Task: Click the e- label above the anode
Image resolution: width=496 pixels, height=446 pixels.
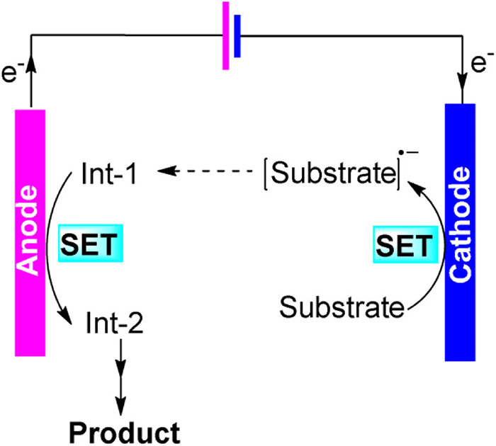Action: [12, 73]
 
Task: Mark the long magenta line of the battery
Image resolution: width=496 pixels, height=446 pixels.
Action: [226, 35]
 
